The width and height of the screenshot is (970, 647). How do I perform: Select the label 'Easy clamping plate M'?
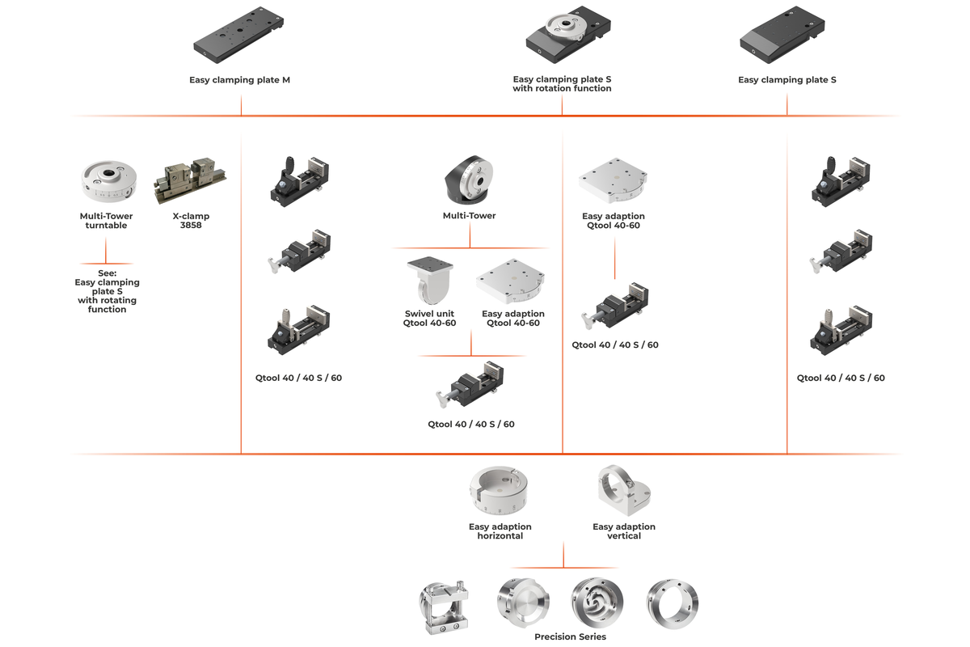point(239,80)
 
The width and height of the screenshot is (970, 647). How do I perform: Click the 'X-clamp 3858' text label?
point(191,221)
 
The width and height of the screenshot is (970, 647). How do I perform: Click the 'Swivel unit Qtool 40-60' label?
point(429,319)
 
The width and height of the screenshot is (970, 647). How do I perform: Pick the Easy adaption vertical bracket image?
point(623,491)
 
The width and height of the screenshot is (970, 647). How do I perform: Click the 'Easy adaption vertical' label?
point(623,531)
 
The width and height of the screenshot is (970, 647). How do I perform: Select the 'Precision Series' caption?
point(570,636)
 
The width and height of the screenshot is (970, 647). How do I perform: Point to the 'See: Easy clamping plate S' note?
point(107,291)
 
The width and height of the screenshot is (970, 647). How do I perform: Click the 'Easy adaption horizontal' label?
point(500,531)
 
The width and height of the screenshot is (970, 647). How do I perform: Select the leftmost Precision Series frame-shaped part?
point(444,607)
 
